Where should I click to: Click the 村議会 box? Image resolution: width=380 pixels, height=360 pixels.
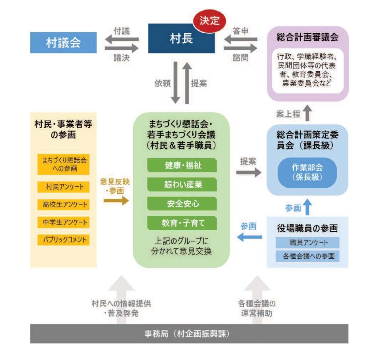pyautogui.click(x=63, y=43)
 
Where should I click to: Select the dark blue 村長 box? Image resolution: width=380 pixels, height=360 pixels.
pyautogui.click(x=181, y=38)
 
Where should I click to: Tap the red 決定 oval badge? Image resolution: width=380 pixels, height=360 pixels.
pyautogui.click(x=209, y=21)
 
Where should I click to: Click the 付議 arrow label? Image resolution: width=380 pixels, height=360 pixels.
pyautogui.click(x=122, y=31)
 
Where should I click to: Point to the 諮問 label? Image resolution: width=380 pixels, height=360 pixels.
pyautogui.click(x=240, y=58)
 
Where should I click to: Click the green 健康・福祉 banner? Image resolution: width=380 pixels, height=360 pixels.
pyautogui.click(x=182, y=165)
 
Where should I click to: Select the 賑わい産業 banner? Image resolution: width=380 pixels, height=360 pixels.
pyautogui.click(x=182, y=184)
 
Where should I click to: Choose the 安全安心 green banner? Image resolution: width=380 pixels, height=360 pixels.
pyautogui.click(x=182, y=204)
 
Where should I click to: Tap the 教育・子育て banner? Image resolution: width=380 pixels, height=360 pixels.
pyautogui.click(x=182, y=223)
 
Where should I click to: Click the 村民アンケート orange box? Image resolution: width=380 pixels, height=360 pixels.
pyautogui.click(x=64, y=187)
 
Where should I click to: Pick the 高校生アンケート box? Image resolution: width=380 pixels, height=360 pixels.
pyautogui.click(x=64, y=205)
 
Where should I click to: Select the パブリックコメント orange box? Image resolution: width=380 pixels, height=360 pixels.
pyautogui.click(x=64, y=240)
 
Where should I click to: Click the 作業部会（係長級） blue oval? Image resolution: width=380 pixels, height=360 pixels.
pyautogui.click(x=307, y=173)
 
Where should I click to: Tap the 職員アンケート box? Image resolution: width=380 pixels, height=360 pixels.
pyautogui.click(x=307, y=242)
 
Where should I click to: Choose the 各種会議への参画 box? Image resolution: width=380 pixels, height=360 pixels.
pyautogui.click(x=307, y=256)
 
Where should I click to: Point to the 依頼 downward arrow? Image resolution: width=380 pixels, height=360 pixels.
pyautogui.click(x=175, y=83)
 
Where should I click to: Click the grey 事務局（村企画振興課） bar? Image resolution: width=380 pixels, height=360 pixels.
pyautogui.click(x=189, y=334)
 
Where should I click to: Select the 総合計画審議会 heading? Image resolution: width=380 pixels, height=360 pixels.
pyautogui.click(x=307, y=37)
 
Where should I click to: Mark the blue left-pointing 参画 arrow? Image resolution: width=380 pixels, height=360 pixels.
pyautogui.click(x=250, y=237)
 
